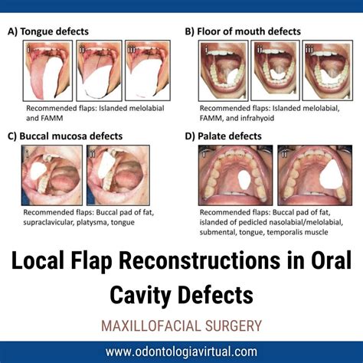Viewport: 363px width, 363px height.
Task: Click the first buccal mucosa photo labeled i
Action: coord(51,175)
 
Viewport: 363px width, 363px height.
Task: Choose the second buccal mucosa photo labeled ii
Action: coord(126,175)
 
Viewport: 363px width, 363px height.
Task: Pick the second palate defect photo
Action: coord(310,175)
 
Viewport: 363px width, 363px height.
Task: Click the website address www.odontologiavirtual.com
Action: coord(181,352)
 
